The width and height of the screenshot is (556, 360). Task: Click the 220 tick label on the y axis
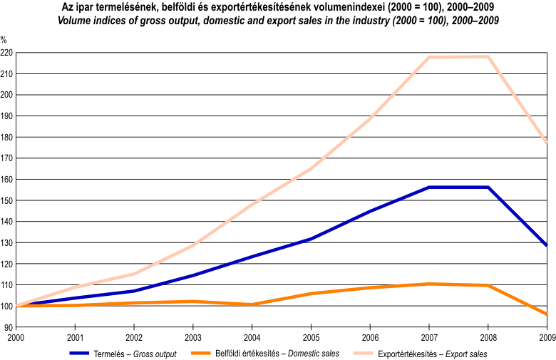coord(6,53)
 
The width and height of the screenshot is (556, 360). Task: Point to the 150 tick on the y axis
coord(6,200)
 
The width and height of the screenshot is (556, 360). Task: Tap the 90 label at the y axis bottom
coord(9,327)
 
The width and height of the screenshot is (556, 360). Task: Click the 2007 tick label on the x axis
coord(429,337)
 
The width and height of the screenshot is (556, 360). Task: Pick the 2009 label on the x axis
coord(546,337)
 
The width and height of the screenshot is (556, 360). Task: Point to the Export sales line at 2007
coord(429,57)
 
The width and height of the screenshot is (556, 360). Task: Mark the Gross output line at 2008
coord(488,187)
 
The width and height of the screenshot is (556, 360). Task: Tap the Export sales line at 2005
coord(312,168)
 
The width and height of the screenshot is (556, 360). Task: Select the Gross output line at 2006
coord(371,211)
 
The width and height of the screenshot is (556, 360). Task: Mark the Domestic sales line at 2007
coord(429,284)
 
